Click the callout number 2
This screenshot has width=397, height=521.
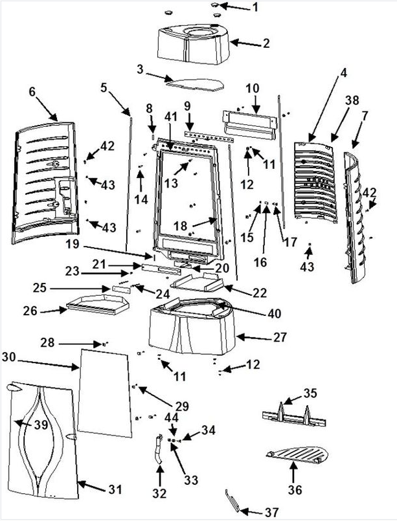click(x=266, y=43)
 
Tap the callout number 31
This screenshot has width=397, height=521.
click(x=115, y=489)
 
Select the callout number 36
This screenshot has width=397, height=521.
click(x=295, y=489)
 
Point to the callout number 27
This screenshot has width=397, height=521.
click(x=280, y=337)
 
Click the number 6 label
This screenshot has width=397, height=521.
click(x=32, y=91)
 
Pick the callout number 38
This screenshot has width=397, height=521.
click(x=352, y=100)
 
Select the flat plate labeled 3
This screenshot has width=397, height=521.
click(x=195, y=83)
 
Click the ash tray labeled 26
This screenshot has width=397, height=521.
click(x=96, y=304)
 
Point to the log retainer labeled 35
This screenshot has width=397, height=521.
click(x=294, y=416)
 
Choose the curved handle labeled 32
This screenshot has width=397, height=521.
click(x=158, y=449)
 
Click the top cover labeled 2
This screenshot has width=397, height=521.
click(x=193, y=44)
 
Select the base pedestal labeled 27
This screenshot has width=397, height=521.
click(x=192, y=326)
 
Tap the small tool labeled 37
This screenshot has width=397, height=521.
click(x=233, y=500)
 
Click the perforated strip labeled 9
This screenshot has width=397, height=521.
click(x=209, y=137)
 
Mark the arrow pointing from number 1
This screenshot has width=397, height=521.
click(x=234, y=7)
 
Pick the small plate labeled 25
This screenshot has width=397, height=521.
click(x=122, y=289)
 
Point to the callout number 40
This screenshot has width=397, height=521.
click(x=275, y=313)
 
